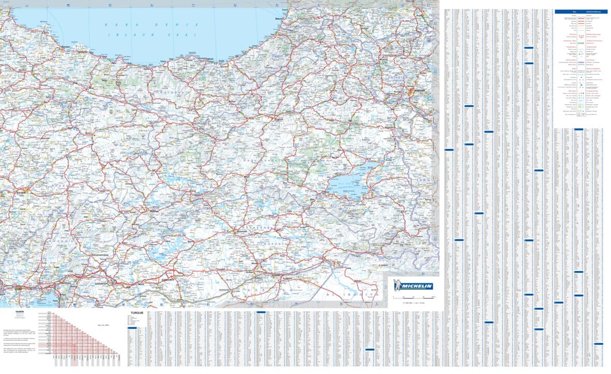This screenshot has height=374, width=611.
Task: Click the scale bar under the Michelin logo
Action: (414, 296)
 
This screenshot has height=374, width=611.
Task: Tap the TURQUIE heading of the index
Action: (137, 313)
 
